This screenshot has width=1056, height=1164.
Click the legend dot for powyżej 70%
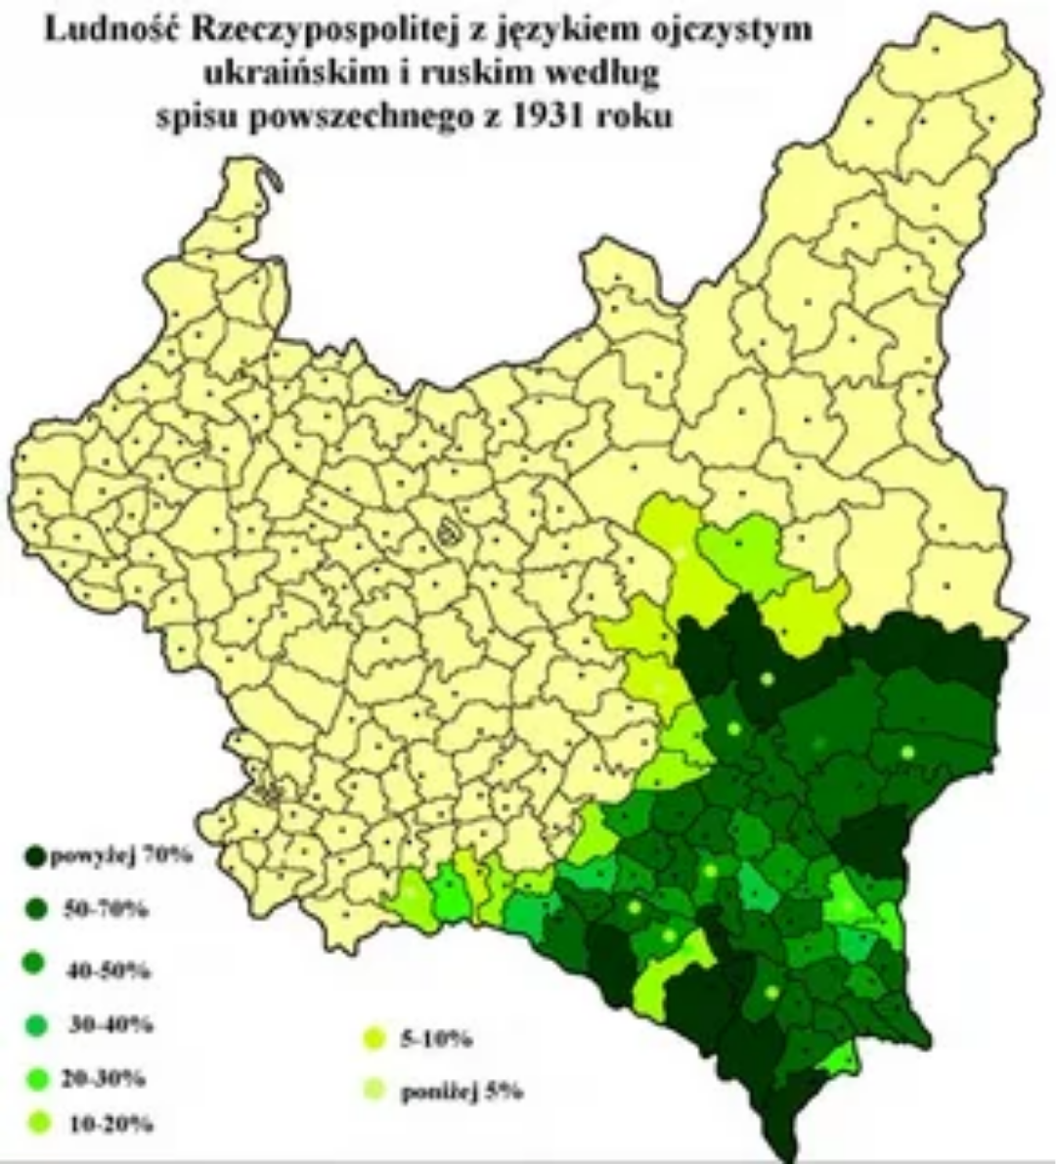35,857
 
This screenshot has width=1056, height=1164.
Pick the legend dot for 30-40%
37,1026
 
